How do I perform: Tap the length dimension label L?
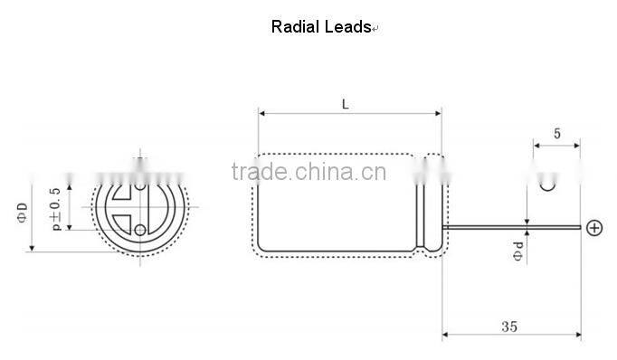click(x=346, y=104)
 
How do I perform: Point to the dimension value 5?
click(x=556, y=133)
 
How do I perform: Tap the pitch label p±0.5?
click(x=56, y=207)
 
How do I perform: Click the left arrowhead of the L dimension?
click(x=261, y=114)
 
